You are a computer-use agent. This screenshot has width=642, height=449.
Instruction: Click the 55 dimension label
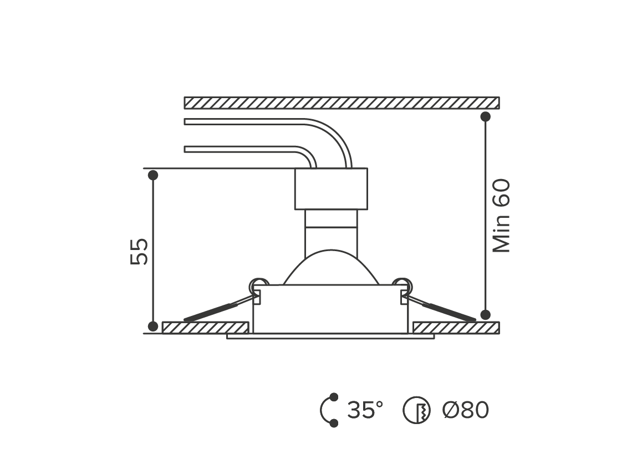click(139, 251)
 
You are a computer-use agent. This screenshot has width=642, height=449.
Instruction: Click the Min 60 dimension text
click(501, 216)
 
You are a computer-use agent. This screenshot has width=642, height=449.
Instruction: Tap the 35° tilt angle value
click(365, 410)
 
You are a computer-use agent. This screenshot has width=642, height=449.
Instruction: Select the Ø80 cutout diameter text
click(466, 410)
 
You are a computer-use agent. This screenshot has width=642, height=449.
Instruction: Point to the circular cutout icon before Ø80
click(416, 410)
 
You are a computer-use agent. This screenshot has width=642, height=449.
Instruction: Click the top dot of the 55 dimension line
click(152, 175)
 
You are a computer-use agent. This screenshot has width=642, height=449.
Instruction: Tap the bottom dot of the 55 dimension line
click(152, 326)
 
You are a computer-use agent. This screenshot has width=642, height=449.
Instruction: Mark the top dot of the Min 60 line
click(485, 116)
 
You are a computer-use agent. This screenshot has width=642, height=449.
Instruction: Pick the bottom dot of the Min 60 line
click(485, 315)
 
